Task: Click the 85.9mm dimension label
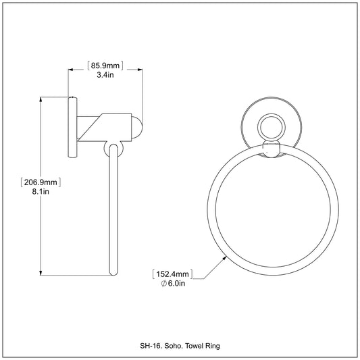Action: (x=105, y=66)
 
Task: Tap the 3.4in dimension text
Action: (x=105, y=75)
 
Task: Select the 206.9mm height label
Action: (x=41, y=182)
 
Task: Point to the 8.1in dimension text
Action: (x=41, y=191)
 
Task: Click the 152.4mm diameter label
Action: (x=173, y=274)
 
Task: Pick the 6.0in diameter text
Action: (x=176, y=284)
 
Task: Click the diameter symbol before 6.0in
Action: (x=163, y=284)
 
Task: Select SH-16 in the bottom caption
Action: (x=151, y=346)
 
